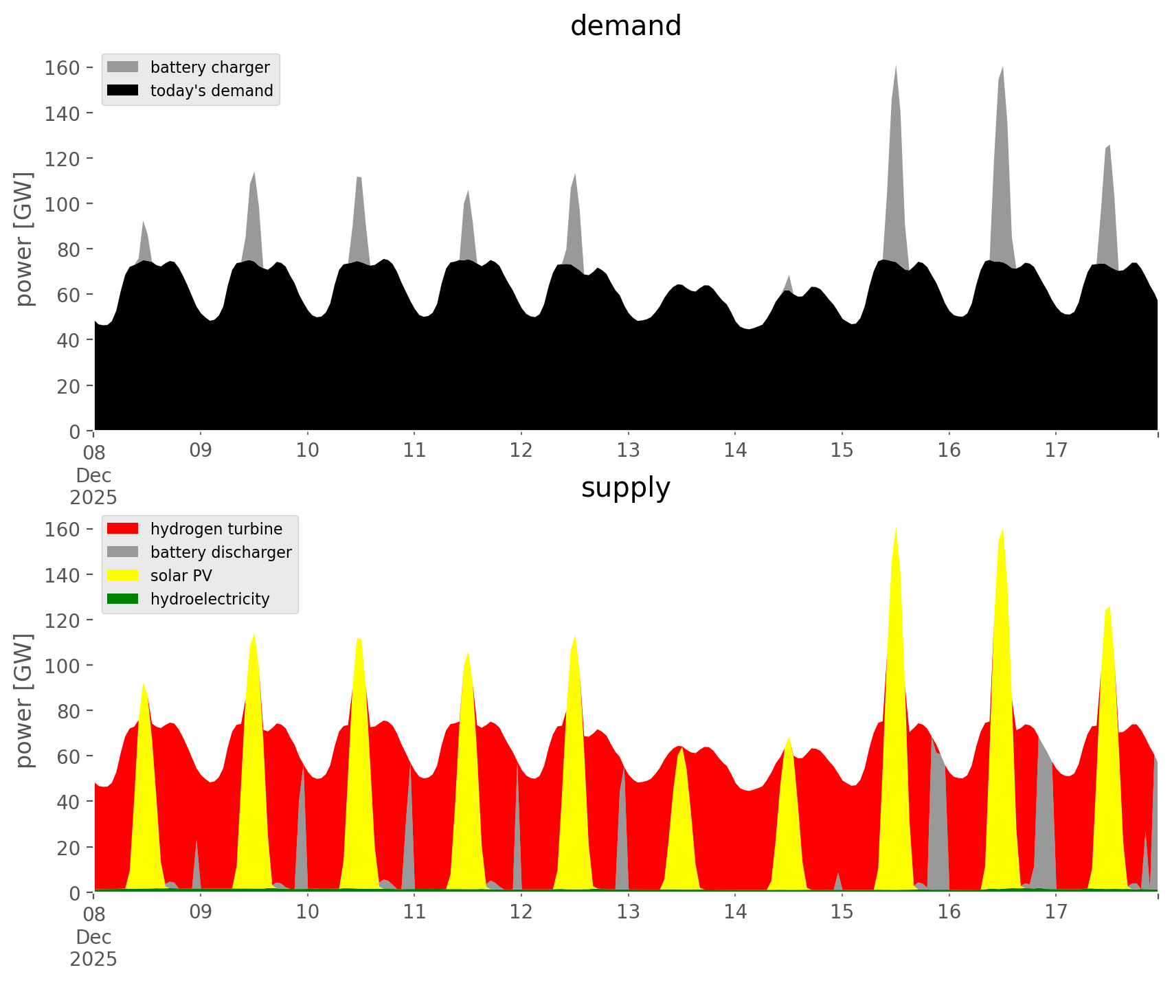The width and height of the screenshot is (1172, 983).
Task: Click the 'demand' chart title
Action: pos(625,26)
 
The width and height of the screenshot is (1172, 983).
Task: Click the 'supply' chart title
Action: pos(625,488)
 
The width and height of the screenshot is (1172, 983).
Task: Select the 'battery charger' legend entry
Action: pos(210,67)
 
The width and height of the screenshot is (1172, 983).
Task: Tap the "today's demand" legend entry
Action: pos(212,91)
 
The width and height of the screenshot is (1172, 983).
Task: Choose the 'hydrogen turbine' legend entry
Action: pos(216,529)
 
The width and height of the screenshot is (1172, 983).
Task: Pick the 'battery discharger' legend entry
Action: pos(221,552)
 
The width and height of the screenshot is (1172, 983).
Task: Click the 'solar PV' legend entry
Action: pos(181,576)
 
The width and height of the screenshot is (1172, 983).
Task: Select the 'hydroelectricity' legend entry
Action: pos(210,599)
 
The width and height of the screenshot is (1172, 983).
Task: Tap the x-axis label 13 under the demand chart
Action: pos(628,451)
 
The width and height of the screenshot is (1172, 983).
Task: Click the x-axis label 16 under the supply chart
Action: pos(949,912)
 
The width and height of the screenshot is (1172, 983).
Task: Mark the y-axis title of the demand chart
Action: pos(23,239)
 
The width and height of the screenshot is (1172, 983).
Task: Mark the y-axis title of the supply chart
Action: pos(23,701)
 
